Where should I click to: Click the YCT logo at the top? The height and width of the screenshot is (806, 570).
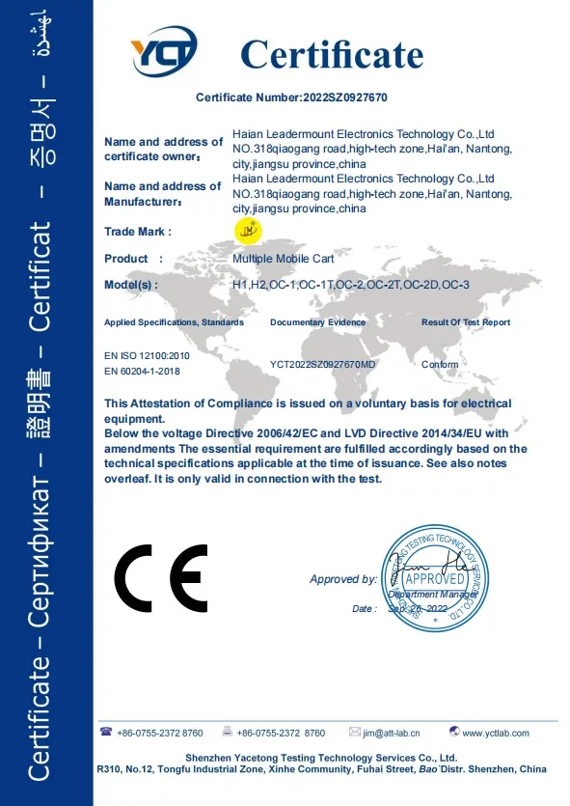(165, 52)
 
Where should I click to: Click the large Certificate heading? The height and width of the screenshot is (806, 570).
(332, 54)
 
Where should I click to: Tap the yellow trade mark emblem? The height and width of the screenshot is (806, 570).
(249, 230)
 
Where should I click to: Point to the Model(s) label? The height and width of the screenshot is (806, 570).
(131, 285)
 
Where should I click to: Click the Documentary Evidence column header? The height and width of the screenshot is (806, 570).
(317, 322)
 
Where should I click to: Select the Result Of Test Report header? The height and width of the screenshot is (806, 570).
(466, 322)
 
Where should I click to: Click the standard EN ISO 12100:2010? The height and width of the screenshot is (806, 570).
(147, 356)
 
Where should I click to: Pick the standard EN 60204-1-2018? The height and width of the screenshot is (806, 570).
(143, 371)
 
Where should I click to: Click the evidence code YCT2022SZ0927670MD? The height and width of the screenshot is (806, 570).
(323, 365)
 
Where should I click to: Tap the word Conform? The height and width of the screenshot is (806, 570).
(441, 365)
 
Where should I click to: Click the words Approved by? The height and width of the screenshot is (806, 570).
(342, 579)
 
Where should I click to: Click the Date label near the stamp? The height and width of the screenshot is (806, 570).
(364, 609)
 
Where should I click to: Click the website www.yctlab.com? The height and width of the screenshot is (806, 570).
(496, 734)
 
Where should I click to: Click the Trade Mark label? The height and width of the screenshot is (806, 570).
(137, 232)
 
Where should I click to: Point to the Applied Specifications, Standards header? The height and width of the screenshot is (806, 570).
(174, 322)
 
